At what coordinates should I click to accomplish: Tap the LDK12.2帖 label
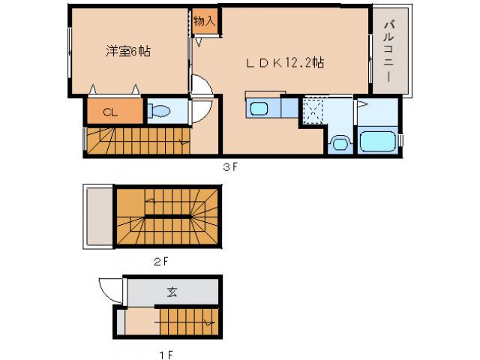286,63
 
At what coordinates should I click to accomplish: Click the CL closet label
110,112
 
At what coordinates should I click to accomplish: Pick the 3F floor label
229,167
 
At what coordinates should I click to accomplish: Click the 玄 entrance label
172,292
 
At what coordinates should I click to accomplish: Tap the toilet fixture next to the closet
160,112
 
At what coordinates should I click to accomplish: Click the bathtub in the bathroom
378,140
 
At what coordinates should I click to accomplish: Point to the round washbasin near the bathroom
340,142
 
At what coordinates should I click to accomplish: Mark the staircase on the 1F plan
187,323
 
